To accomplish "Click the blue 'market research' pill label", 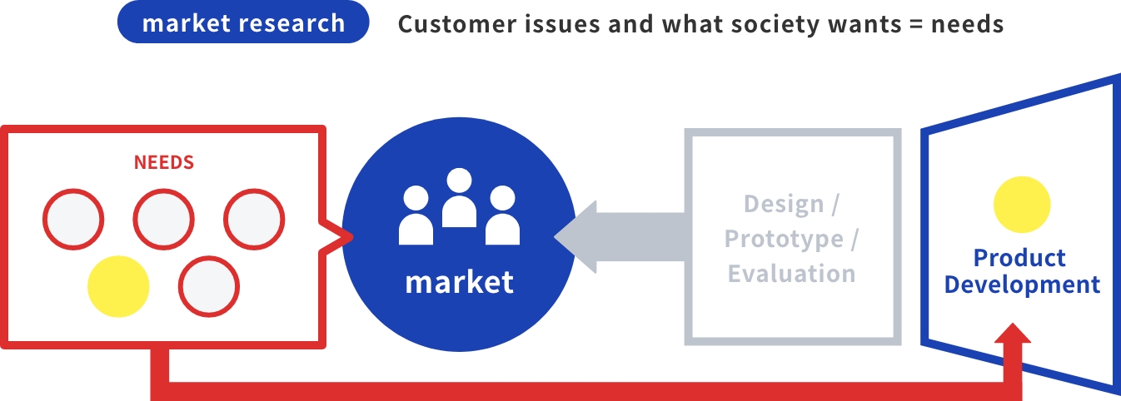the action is pos(243,22).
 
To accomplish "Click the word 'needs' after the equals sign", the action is pos(968,25).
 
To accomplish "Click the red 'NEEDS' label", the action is pos(163,162).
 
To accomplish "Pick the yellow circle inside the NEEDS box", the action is pos(118,286).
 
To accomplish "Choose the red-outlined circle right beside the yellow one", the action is pos(209,286).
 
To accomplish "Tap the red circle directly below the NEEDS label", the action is pos(163,219).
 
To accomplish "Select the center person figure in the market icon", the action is pos(459,198).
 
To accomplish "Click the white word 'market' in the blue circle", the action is pos(460,283).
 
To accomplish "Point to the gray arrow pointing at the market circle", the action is pos(620,237).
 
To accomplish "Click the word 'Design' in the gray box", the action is pos(784,204).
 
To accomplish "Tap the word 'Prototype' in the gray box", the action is pos(784,239).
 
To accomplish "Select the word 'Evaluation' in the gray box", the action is pos(792,274).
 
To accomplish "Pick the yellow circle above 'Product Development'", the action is pos(1022,205).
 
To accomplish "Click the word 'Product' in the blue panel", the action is pos(1019,258).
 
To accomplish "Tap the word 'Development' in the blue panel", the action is pos(1022,285).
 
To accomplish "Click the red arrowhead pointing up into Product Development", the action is pos(1013,333).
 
